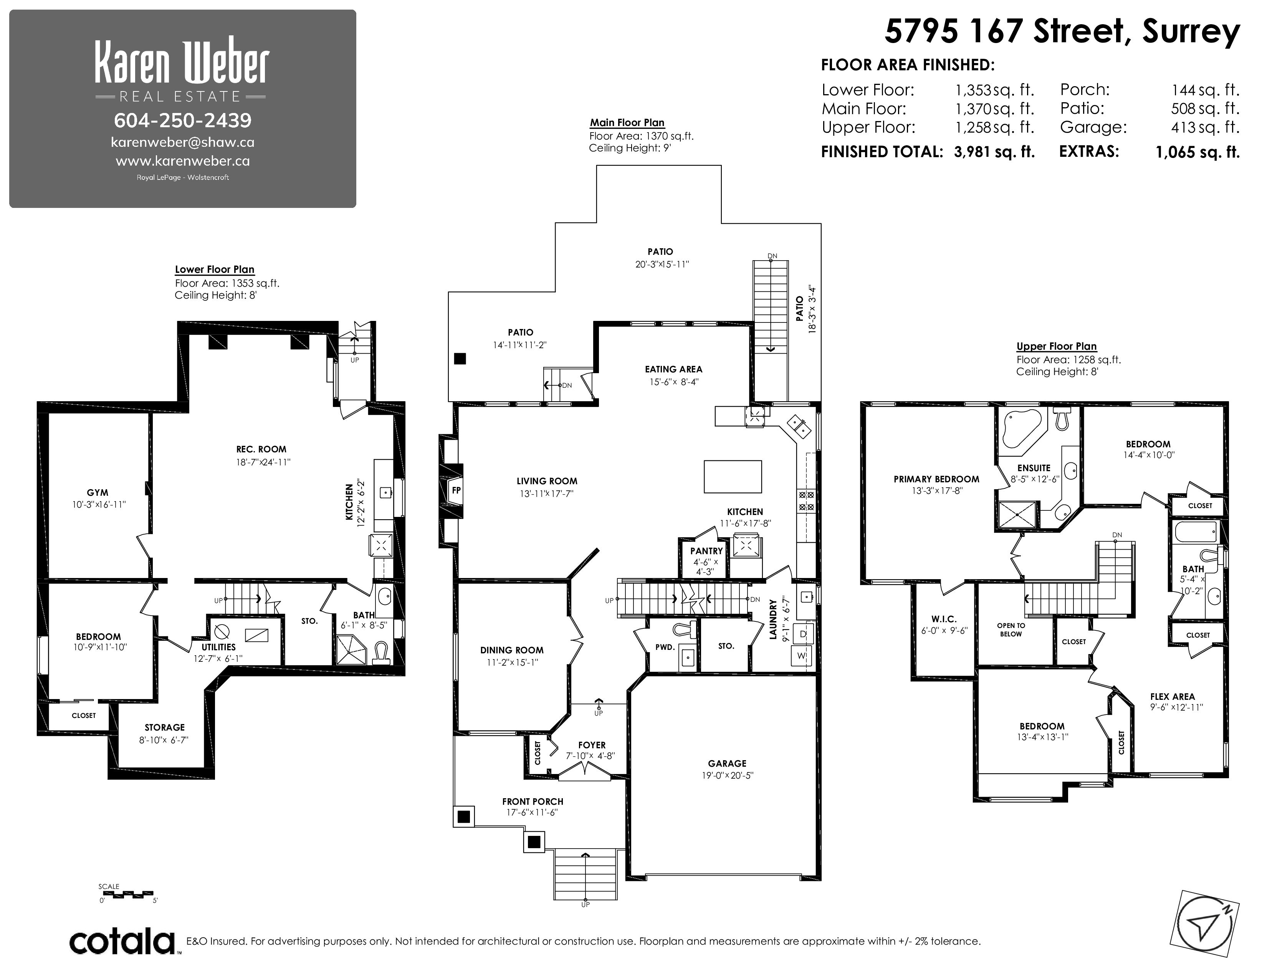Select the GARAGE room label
(727, 764)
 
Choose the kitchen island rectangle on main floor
(733, 476)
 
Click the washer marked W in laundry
(803, 656)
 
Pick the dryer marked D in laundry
(803, 634)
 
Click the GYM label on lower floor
(98, 492)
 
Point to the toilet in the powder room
(686, 630)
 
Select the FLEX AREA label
(1173, 697)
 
